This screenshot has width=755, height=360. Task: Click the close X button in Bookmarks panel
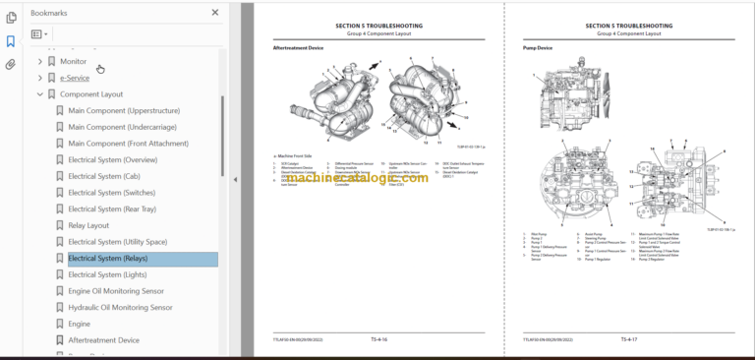[x=215, y=13]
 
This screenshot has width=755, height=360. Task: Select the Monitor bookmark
[x=73, y=61]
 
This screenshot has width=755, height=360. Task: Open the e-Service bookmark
[x=74, y=78]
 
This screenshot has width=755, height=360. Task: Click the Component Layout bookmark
[x=91, y=94]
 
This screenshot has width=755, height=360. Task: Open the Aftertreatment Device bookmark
[x=103, y=340]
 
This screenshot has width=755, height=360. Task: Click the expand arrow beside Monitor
[x=39, y=61]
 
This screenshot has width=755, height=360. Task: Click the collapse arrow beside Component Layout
[x=39, y=94]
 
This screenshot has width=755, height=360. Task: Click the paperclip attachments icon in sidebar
[x=11, y=65]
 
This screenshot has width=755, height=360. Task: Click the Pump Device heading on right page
[x=537, y=47]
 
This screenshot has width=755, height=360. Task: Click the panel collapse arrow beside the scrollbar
[x=234, y=180]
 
